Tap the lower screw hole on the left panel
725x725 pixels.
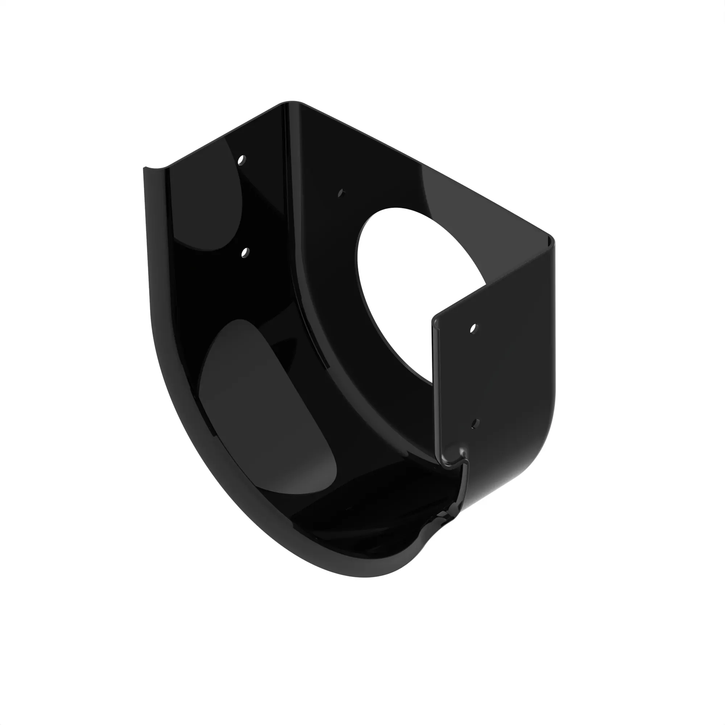[245, 253]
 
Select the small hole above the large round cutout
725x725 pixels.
[341, 193]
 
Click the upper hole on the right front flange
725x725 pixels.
[473, 329]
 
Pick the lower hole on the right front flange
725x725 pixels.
[475, 423]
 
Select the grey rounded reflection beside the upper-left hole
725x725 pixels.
[206, 203]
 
